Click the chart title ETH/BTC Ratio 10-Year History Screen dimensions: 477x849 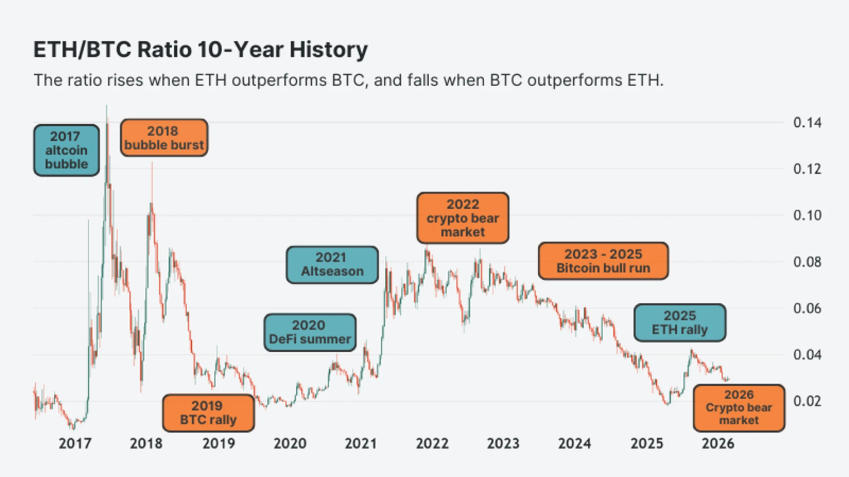click(200, 50)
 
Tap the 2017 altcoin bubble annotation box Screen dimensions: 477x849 click(66, 150)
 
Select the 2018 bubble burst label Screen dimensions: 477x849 click(164, 138)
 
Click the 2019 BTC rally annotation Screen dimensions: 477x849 click(208, 413)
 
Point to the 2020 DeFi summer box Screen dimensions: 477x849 click(310, 332)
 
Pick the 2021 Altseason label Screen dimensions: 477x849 click(332, 264)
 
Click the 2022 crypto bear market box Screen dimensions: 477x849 click(462, 218)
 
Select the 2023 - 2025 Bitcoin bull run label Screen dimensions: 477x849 click(603, 261)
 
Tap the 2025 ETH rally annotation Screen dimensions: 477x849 click(679, 322)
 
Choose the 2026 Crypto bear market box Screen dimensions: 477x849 click(738, 408)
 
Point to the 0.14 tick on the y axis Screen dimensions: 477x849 click(807, 123)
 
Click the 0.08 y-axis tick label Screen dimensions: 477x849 click(807, 262)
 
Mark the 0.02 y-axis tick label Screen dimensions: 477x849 click(807, 401)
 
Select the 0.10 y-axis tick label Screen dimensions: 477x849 click(807, 216)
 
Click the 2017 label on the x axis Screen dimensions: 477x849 click(75, 443)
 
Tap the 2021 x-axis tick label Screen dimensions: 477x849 click(360, 443)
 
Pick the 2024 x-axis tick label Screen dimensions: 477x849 click(574, 443)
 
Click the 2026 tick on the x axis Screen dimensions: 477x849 click(717, 443)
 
